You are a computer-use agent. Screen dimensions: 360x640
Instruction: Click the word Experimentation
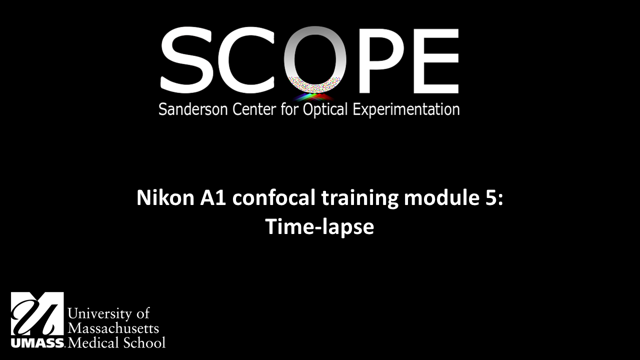click(406, 110)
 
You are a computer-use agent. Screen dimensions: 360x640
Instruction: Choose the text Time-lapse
click(319, 227)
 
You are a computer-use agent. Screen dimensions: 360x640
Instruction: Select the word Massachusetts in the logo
click(113, 328)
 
